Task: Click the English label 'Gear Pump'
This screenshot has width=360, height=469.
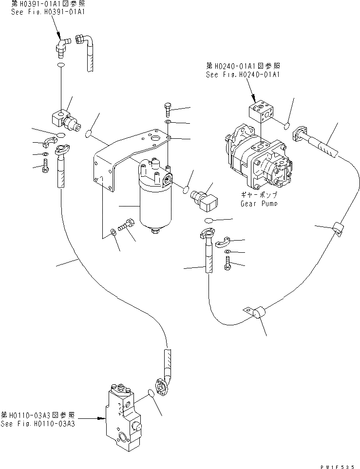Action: coord(259,204)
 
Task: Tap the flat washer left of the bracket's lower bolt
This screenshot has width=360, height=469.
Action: coord(113,230)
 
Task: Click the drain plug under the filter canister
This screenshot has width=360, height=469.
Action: coord(154,231)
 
